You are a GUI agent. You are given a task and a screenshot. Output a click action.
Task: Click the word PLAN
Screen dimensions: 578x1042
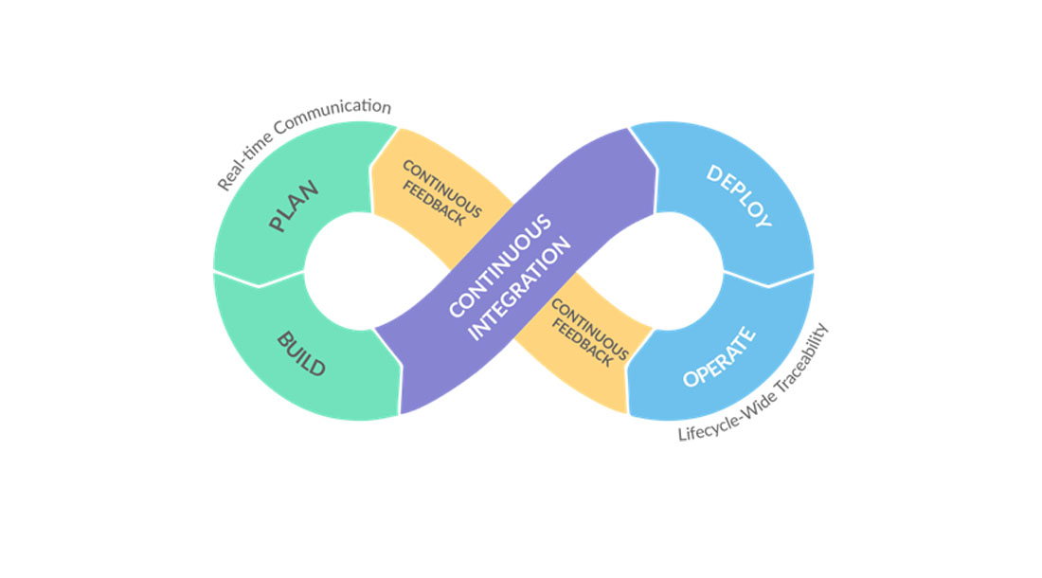point(294,208)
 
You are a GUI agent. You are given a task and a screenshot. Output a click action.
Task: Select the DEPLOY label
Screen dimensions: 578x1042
point(739,196)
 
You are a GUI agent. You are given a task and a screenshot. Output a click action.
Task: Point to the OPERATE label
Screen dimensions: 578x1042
point(720,357)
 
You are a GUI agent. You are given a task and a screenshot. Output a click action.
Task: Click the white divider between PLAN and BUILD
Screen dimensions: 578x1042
point(259,279)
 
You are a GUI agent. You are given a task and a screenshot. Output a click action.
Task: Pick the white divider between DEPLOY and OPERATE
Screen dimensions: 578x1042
point(768,279)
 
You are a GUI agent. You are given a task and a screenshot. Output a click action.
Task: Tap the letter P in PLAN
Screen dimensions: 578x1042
point(279,225)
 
